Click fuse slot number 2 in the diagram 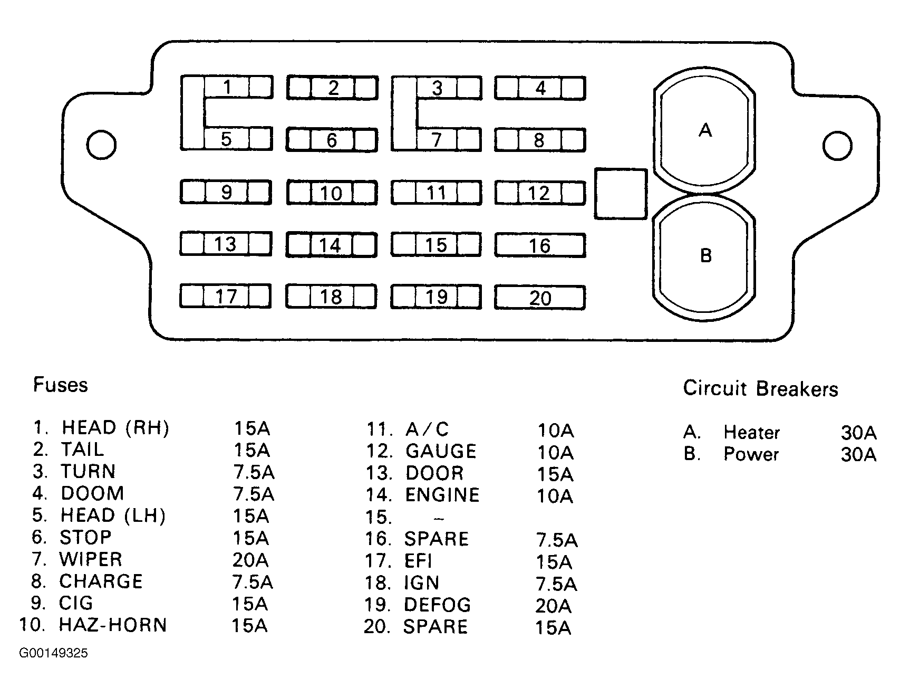pyautogui.click(x=333, y=88)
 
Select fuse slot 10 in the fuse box pyautogui.click(x=332, y=193)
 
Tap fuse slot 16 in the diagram pyautogui.click(x=540, y=246)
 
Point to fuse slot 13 pyautogui.click(x=226, y=244)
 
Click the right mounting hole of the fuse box pyautogui.click(x=837, y=145)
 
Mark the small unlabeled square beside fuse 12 pyautogui.click(x=621, y=194)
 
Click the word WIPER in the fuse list pyautogui.click(x=91, y=559)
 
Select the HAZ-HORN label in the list pyautogui.click(x=113, y=625)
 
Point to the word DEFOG pyautogui.click(x=437, y=605)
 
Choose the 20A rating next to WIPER pyautogui.click(x=250, y=559)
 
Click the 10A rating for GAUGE pyautogui.click(x=555, y=452)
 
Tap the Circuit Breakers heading pyautogui.click(x=760, y=389)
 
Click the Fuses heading pyautogui.click(x=61, y=385)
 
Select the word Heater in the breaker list pyautogui.click(x=751, y=432)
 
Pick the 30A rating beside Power pyautogui.click(x=859, y=454)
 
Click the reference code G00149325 pyautogui.click(x=54, y=653)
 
